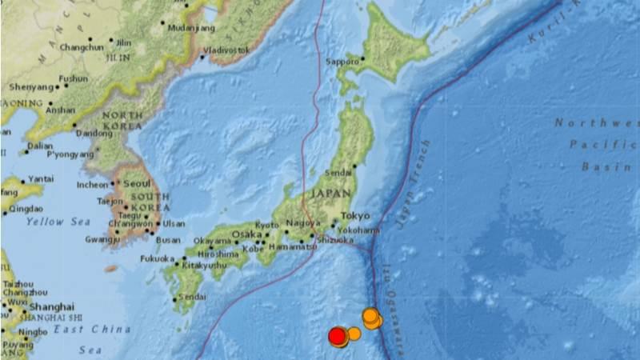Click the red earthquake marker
(338, 336)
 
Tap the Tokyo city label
(355, 216)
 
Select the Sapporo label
(342, 61)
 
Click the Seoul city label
(138, 182)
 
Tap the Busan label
(168, 239)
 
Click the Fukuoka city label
(157, 259)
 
